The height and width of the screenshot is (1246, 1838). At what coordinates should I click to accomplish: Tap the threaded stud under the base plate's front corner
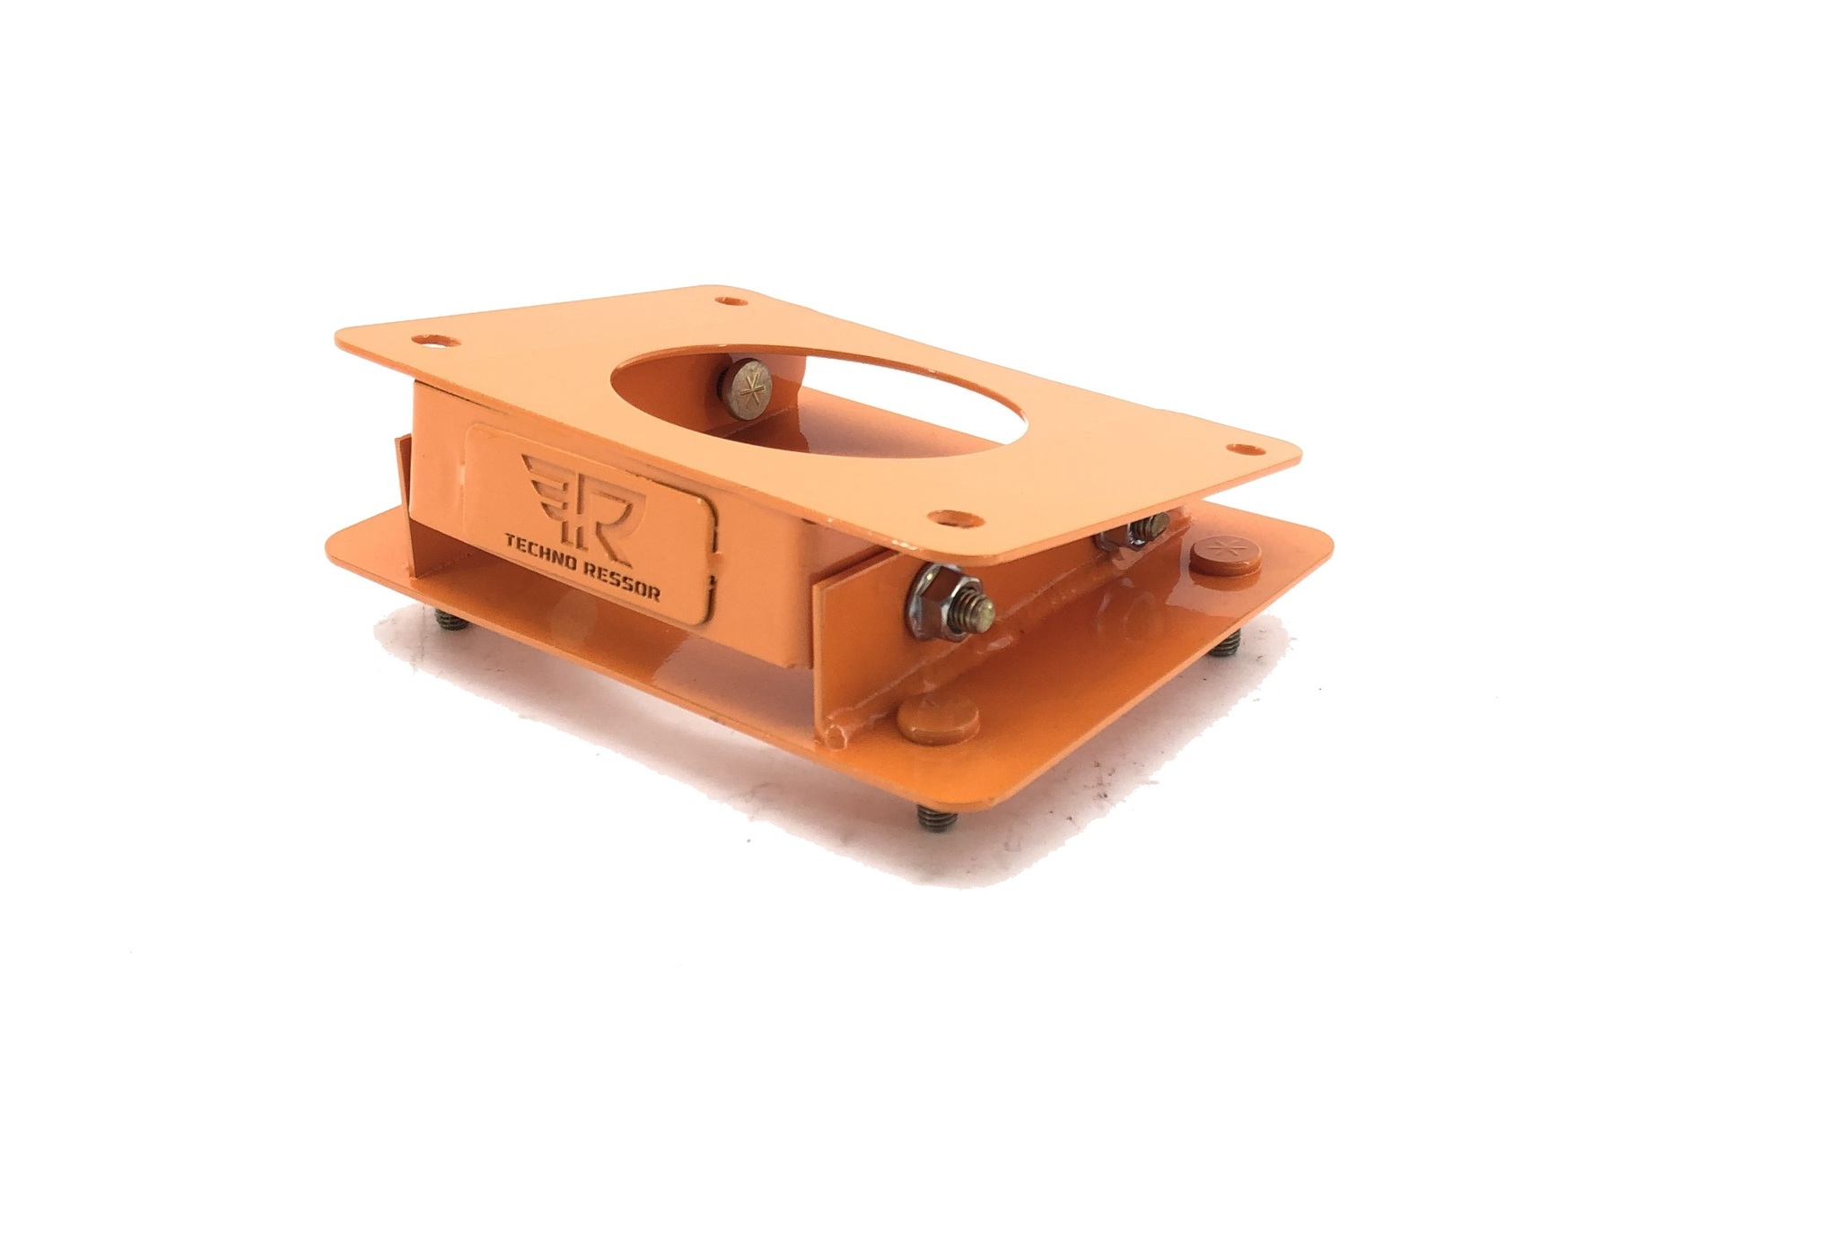(x=932, y=817)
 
